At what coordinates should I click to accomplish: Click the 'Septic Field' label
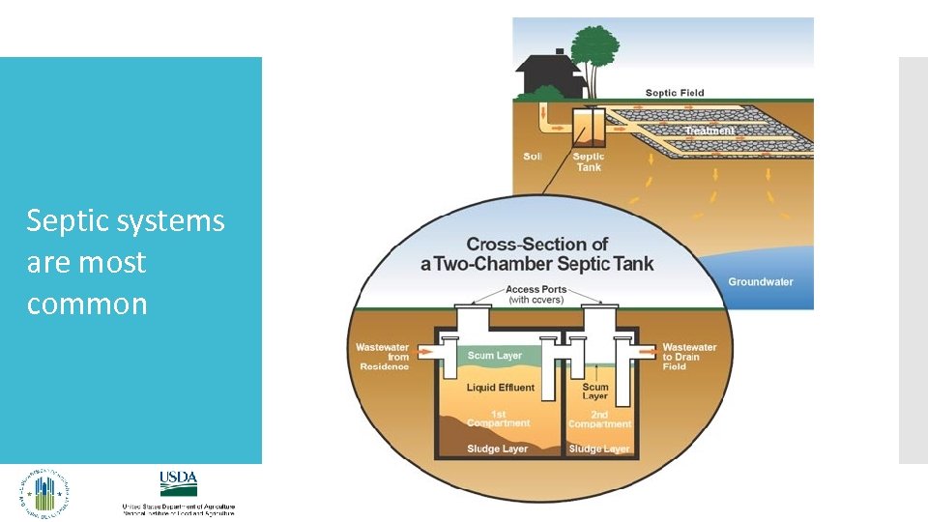[675, 93]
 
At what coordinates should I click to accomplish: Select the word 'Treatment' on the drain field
[710, 130]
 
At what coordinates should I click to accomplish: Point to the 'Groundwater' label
[761, 281]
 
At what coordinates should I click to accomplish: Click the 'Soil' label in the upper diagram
[533, 157]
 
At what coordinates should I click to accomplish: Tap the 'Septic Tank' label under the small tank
[589, 161]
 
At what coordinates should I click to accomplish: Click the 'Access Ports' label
[537, 290]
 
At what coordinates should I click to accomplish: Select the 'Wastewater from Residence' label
[383, 357]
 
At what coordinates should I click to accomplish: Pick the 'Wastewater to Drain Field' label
[689, 357]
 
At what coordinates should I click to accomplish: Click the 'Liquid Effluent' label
[500, 388]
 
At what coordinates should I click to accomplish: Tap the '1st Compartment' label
[499, 419]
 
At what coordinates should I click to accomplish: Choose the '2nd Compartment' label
[599, 419]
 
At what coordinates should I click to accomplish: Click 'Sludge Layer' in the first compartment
[497, 449]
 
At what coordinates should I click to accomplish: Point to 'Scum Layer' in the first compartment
[495, 356]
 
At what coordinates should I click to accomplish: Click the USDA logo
[179, 483]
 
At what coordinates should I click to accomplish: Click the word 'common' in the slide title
[87, 304]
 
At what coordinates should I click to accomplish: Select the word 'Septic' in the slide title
[69, 221]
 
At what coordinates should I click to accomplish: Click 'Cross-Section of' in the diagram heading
[537, 244]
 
